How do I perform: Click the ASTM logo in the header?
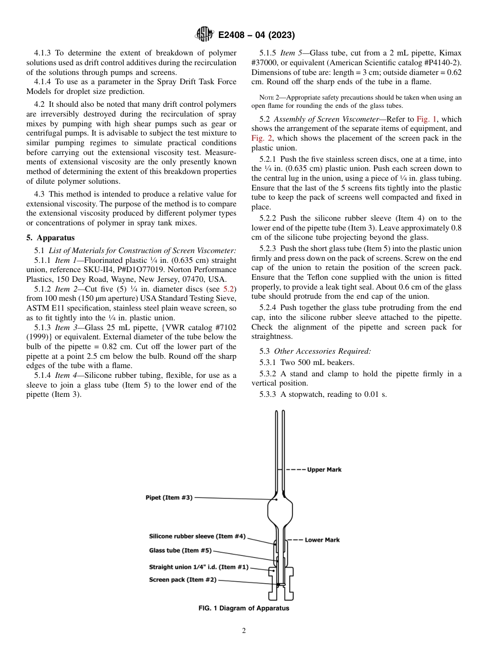[x=205, y=35]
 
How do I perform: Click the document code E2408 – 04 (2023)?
[x=256, y=35]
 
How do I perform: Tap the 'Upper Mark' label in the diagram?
[x=324, y=470]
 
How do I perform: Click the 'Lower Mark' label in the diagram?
[x=322, y=540]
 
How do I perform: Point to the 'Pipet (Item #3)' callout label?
[x=169, y=497]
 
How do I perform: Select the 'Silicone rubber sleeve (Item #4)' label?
[x=197, y=536]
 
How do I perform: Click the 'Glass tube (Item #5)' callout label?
[x=180, y=550]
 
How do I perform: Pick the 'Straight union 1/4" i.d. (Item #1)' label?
[x=198, y=567]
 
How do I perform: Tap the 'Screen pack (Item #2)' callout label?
[x=182, y=580]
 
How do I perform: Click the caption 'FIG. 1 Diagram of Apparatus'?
[x=243, y=608]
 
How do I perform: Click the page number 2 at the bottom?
[x=244, y=631]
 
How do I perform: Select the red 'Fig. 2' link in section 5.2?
[x=260, y=139]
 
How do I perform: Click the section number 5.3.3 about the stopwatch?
[x=270, y=394]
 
